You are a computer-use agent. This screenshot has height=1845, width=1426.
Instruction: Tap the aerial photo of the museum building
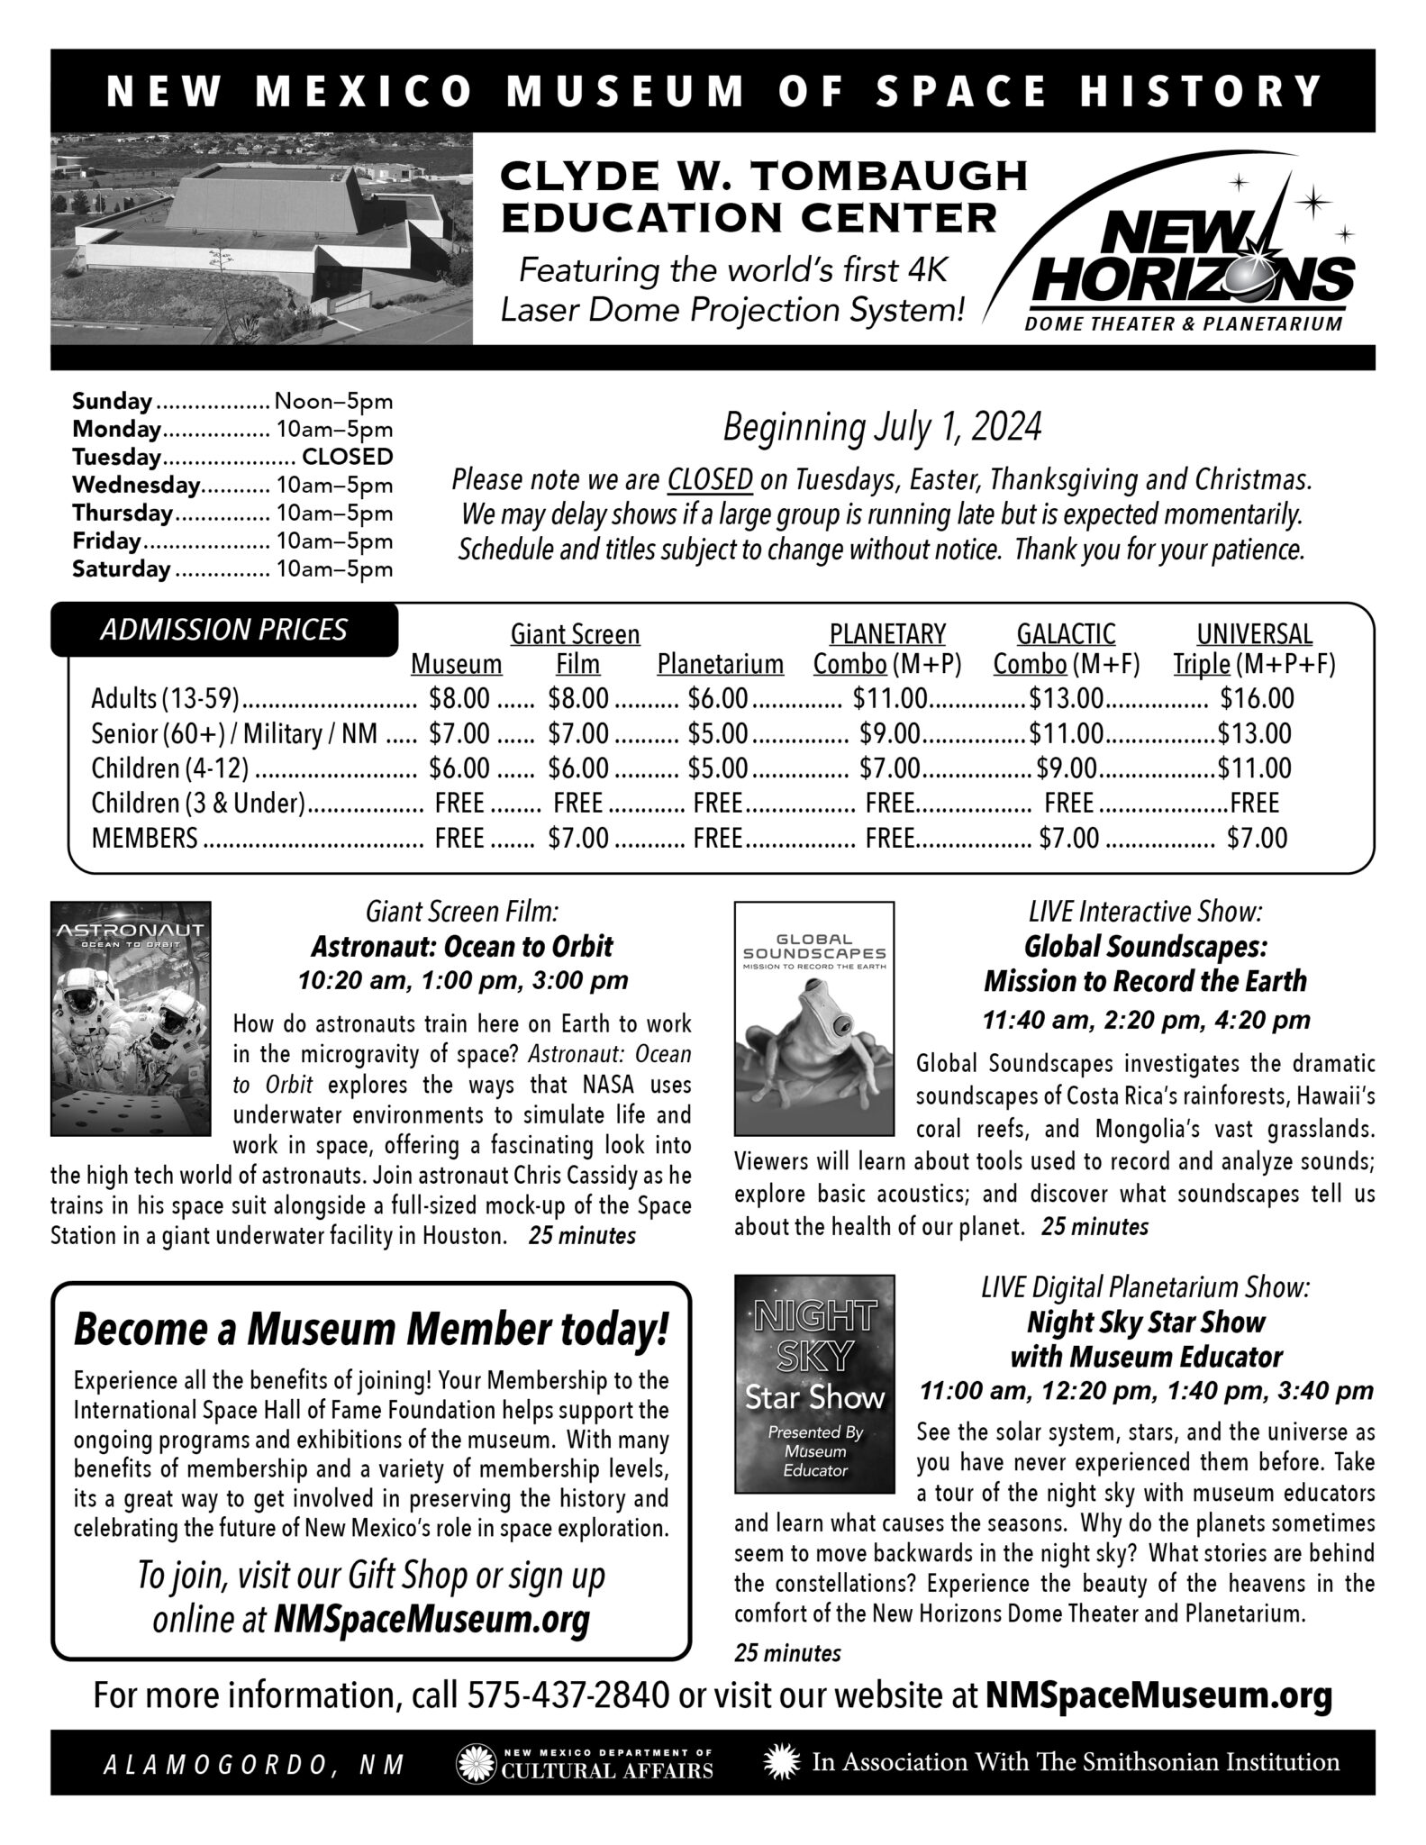261,238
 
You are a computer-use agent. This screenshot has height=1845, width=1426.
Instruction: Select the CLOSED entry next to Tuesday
348,457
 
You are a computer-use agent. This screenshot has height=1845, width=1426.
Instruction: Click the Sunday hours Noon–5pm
333,401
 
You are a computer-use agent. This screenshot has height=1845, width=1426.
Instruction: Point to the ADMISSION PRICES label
223,630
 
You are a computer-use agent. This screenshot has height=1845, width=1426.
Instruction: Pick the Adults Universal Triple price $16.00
1257,698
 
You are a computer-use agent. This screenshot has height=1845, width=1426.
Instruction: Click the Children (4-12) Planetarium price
717,768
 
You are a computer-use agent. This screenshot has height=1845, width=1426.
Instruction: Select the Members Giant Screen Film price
578,839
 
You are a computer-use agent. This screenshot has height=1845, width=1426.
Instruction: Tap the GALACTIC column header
1066,634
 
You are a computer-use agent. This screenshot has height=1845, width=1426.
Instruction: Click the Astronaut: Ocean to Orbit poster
131,1018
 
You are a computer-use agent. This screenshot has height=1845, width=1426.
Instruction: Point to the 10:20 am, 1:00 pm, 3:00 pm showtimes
462,980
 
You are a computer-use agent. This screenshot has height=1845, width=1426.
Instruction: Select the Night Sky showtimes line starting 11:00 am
1146,1391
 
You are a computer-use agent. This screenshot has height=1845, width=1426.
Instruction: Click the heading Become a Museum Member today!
371,1331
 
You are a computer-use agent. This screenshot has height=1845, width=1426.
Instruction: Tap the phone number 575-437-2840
568,1696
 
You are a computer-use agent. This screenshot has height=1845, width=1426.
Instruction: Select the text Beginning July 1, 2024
882,428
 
